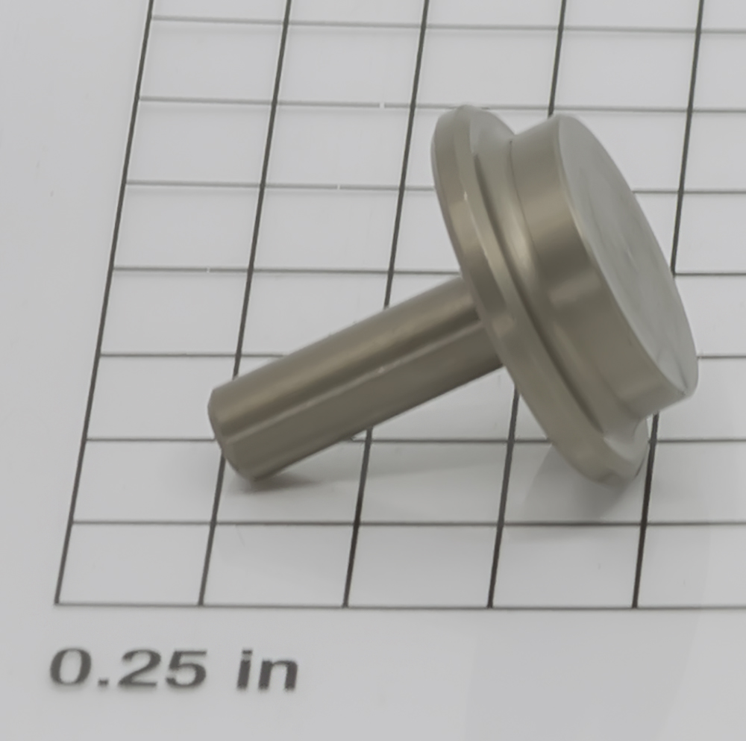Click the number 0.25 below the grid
[x=128, y=667]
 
